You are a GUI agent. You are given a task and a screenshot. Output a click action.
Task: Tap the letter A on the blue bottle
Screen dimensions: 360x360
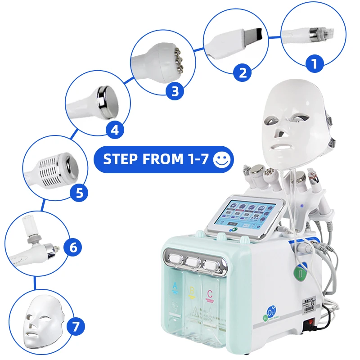(x=175, y=286)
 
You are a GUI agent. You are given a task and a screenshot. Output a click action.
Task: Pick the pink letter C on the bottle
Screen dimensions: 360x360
(x=209, y=294)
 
